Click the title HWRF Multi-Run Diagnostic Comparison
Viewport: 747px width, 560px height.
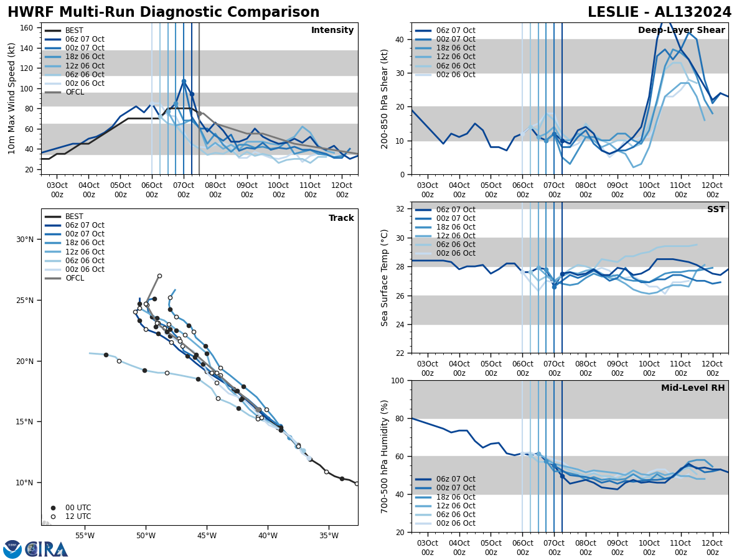pos(163,12)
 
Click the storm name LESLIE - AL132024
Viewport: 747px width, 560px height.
pos(659,12)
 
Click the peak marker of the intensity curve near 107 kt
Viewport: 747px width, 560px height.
pos(184,81)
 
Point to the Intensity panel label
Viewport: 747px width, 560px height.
pos(332,30)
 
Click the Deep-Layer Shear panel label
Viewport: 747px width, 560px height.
pos(681,30)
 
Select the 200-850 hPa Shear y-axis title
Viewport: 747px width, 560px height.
pos(385,98)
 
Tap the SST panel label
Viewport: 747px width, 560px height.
pos(715,210)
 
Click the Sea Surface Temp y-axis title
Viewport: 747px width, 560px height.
pos(385,278)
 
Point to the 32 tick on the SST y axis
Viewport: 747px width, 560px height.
pos(400,209)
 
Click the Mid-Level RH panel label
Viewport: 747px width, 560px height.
pos(692,388)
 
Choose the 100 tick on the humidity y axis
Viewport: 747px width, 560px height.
pos(398,380)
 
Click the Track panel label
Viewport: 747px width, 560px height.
pos(341,218)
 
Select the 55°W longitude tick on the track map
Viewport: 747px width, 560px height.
pos(85,536)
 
